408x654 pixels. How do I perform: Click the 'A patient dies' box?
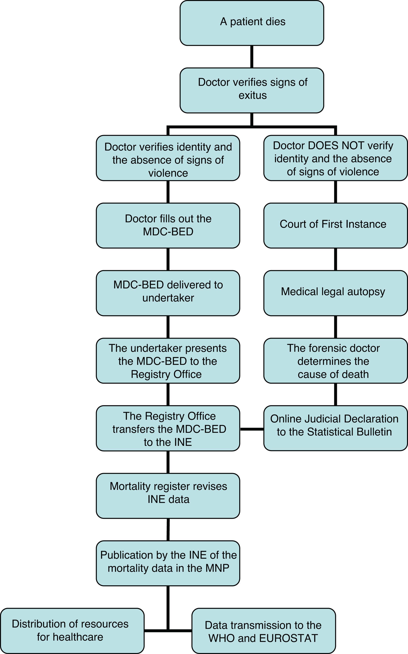click(252, 23)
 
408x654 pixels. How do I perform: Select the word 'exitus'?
click(253, 95)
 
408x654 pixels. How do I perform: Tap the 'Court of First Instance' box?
click(335, 225)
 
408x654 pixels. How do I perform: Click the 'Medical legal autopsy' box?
click(335, 293)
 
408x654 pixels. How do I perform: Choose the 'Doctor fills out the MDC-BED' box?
click(168, 225)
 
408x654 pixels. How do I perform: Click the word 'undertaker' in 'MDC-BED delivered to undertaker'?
click(168, 298)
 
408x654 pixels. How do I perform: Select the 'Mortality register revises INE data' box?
click(168, 496)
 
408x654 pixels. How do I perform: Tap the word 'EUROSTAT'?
click(288, 638)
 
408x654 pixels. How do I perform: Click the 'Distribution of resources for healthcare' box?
click(72, 631)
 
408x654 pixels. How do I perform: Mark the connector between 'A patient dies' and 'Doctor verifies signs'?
click(252, 57)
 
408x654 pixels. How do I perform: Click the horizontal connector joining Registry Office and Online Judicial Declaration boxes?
click(252, 429)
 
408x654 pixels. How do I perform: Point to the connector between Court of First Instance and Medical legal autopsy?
click(335, 259)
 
